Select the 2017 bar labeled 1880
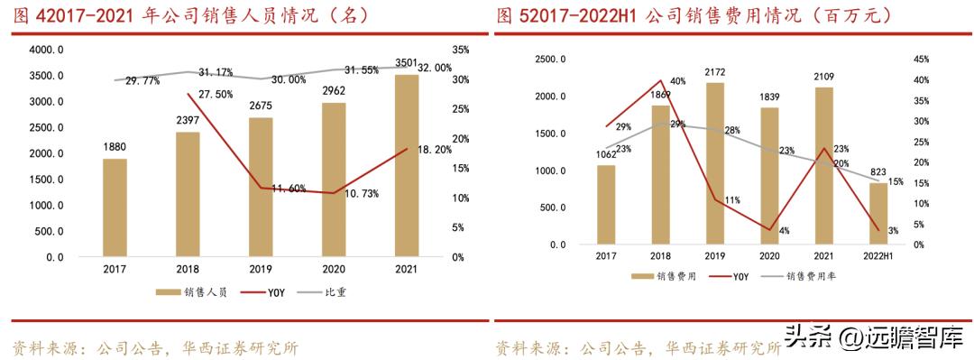[x=115, y=208]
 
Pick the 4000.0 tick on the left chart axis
[x=43, y=50]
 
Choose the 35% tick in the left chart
[x=460, y=50]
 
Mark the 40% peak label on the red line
[x=678, y=81]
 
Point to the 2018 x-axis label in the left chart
[x=188, y=269]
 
